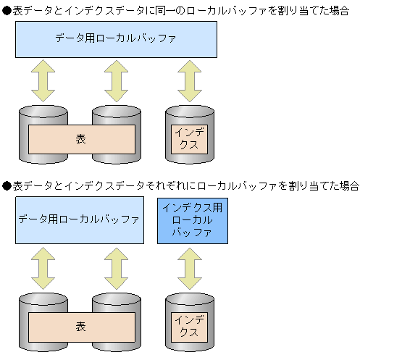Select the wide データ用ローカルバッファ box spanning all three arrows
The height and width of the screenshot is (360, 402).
(x=116, y=39)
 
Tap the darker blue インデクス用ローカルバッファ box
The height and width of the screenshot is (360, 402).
(x=192, y=220)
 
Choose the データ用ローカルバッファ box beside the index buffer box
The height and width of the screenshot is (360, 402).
(x=79, y=220)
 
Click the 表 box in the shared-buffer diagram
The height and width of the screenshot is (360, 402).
(x=81, y=138)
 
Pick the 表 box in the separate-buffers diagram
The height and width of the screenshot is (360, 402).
(x=81, y=327)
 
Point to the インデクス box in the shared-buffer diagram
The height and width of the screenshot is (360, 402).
(x=188, y=138)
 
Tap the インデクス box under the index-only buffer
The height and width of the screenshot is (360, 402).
(x=188, y=327)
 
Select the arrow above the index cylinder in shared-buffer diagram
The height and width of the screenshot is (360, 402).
(x=190, y=80)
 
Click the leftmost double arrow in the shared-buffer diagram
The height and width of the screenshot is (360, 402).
(x=43, y=80)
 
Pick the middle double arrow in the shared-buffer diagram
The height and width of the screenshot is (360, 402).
(x=116, y=80)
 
